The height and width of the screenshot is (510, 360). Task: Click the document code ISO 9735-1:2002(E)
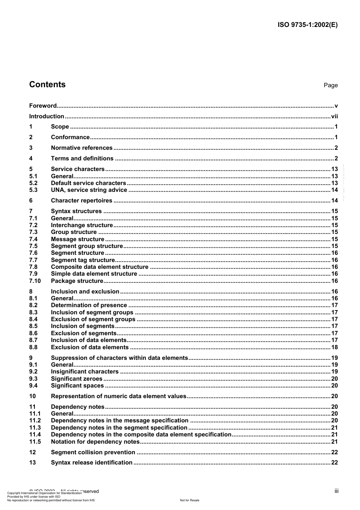point(307,25)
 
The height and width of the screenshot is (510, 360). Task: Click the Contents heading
point(47,85)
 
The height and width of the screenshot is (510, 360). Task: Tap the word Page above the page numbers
point(330,85)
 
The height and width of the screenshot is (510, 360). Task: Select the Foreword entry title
point(43,106)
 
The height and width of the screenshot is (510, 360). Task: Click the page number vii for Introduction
point(334,116)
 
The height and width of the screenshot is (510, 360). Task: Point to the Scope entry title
point(60,127)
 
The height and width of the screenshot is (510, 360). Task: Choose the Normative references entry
point(81,148)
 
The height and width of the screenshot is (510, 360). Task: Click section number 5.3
point(33,190)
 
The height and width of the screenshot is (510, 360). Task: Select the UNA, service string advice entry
point(89,190)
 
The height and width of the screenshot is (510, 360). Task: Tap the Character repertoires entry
point(81,201)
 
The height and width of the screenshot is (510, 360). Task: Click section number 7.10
point(35,281)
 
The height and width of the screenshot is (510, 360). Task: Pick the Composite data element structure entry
point(100,267)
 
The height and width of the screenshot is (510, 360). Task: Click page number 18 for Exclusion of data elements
point(334,347)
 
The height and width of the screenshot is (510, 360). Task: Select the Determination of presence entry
point(89,305)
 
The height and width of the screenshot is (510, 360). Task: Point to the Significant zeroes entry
point(77,379)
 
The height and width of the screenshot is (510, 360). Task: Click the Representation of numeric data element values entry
point(119,396)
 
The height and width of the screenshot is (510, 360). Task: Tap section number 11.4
point(35,435)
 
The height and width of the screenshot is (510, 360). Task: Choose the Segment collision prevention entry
point(93,452)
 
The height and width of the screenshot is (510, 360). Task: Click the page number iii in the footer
point(336,491)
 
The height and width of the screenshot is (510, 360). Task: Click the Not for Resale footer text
point(189,500)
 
